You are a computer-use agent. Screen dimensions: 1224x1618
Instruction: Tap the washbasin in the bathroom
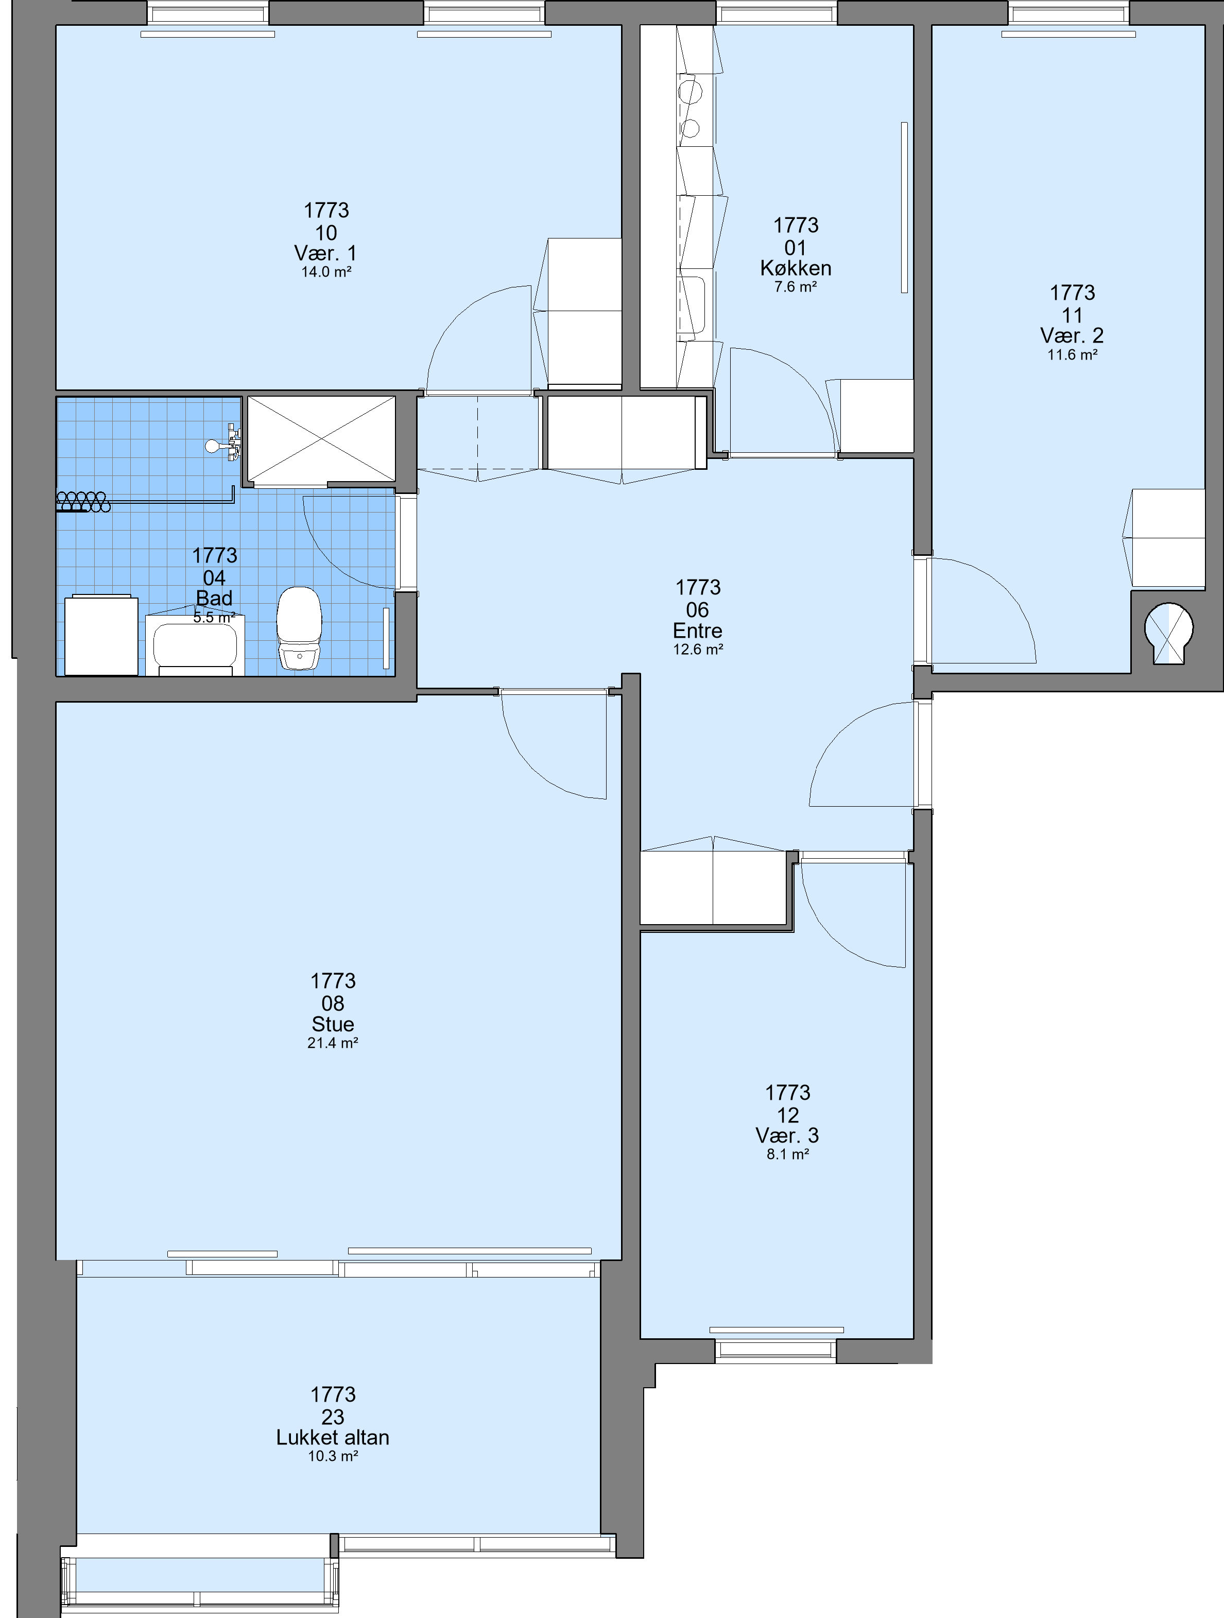click(x=195, y=644)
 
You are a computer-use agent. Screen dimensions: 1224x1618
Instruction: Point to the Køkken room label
click(x=796, y=268)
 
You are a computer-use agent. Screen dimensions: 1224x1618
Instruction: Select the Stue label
click(x=333, y=1024)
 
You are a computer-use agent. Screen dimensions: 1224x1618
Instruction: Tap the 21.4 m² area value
click(x=333, y=1043)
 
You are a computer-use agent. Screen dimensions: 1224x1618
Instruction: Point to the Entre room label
click(x=698, y=631)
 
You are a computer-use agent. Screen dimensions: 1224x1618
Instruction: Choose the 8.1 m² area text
click(x=787, y=1155)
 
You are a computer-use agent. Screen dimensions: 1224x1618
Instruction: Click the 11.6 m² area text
click(x=1072, y=355)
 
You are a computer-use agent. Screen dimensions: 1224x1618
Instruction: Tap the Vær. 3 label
click(x=787, y=1135)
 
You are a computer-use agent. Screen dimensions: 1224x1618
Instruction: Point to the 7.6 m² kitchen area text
click(x=796, y=287)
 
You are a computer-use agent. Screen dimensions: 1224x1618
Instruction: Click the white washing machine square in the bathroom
click(x=101, y=635)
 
